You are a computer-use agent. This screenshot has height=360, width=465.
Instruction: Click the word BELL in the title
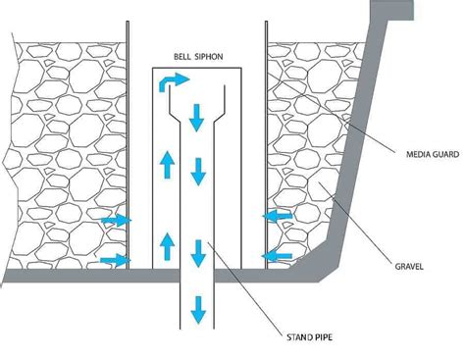(182, 57)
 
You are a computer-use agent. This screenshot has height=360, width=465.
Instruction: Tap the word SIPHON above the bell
(209, 57)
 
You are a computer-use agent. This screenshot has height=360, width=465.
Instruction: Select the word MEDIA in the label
(417, 154)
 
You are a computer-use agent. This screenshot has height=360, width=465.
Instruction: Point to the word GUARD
(444, 154)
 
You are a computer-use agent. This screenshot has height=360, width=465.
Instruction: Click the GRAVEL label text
(409, 266)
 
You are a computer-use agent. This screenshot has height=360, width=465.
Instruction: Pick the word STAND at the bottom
(298, 337)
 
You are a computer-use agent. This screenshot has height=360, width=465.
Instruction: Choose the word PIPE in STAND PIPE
(322, 337)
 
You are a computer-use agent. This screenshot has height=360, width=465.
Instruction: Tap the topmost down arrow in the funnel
(196, 118)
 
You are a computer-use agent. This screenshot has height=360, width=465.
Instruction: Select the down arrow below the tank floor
(198, 310)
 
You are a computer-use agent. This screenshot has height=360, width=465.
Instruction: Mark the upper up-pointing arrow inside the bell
(168, 165)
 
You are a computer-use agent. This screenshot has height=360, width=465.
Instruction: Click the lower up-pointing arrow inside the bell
(168, 246)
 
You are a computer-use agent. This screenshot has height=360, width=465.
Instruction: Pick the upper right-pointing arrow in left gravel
(116, 220)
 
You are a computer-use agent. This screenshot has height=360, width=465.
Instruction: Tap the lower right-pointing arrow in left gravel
(116, 260)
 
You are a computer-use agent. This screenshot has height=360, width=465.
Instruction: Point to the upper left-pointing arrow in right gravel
(278, 216)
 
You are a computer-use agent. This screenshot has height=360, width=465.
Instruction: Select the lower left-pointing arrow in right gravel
(278, 256)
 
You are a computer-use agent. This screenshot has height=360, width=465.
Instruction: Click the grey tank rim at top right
(391, 10)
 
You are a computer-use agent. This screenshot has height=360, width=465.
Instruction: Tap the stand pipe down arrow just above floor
(198, 253)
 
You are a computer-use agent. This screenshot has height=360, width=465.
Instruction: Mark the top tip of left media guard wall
(128, 22)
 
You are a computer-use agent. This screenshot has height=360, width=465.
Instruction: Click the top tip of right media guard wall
(267, 22)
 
